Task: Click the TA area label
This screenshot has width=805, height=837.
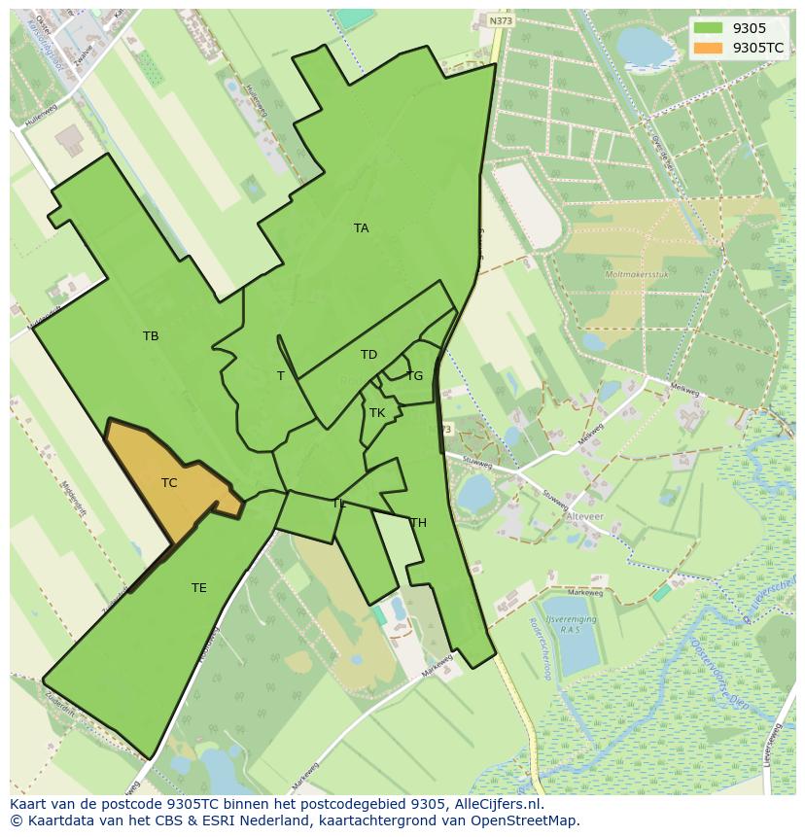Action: point(361,228)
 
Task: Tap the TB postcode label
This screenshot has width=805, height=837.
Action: point(151,336)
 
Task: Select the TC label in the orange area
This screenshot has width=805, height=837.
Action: point(169,483)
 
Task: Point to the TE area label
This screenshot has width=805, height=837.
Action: point(199,588)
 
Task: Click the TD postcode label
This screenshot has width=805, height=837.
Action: point(368,355)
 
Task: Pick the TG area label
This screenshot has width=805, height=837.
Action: point(414,376)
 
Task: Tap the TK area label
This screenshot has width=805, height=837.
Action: point(377,413)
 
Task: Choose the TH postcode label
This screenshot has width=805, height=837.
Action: point(418,523)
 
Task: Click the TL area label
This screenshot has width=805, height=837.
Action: point(339,504)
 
